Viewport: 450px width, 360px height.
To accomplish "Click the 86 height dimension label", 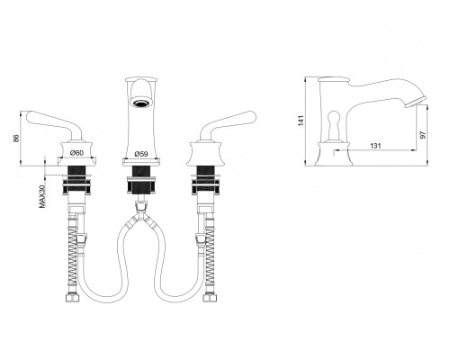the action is click(x=16, y=138).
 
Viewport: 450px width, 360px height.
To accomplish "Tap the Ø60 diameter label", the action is click(x=76, y=153).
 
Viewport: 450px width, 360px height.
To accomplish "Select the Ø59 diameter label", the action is click(x=141, y=154).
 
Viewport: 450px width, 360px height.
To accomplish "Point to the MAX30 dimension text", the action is click(x=42, y=196).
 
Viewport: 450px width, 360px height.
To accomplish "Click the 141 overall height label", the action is click(x=301, y=121).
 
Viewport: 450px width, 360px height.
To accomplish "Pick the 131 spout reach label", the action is click(x=375, y=146).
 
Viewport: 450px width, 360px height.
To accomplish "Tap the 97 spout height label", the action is click(x=423, y=135).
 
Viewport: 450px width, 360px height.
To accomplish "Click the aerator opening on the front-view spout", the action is click(x=140, y=103).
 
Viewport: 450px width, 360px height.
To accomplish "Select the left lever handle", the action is click(x=55, y=122).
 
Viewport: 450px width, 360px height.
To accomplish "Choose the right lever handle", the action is click(x=227, y=122).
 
